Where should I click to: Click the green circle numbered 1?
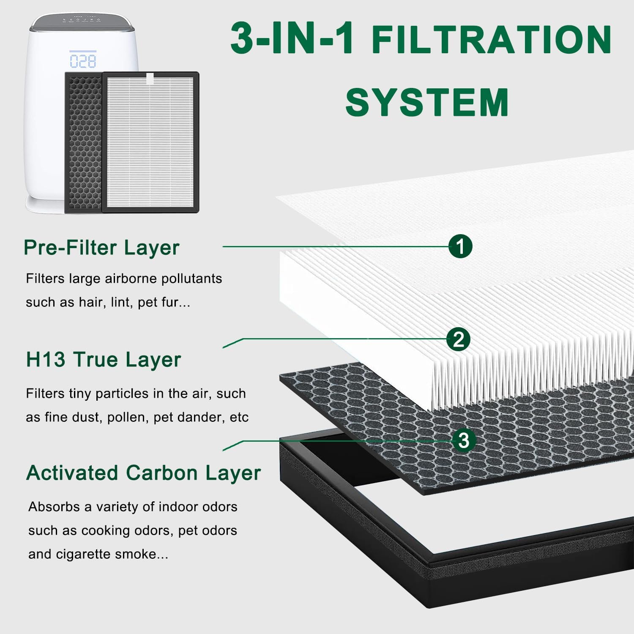coord(460,246)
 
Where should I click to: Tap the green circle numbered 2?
coord(459,339)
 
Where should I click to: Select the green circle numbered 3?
coord(464,440)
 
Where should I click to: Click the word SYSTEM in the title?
coord(427,103)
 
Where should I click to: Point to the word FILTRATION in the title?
coord(492,39)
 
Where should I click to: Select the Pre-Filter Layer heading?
coord(101,248)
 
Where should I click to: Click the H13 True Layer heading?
coord(104,360)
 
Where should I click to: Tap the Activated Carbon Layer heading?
coord(144,473)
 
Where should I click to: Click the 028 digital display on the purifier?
coord(83,61)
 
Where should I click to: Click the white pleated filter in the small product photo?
coord(150,142)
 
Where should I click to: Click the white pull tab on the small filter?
coord(150,78)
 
